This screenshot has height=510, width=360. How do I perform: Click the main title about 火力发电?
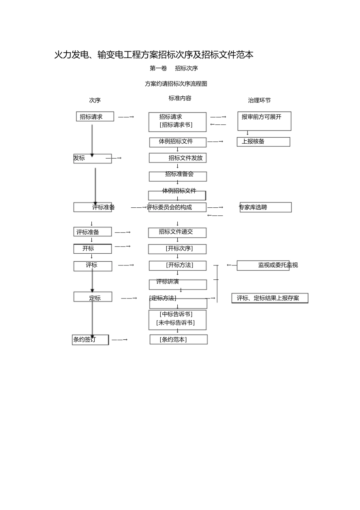(x=154, y=55)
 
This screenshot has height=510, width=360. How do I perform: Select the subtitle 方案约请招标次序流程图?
(x=176, y=84)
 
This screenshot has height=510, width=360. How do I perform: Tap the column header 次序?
(x=95, y=100)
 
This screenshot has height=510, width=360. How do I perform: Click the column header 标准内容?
(x=180, y=98)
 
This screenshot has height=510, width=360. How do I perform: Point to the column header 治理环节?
(x=259, y=100)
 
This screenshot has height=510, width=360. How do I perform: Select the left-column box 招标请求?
(x=95, y=117)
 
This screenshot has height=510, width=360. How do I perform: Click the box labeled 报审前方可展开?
(x=264, y=121)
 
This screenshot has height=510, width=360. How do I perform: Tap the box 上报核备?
(x=263, y=141)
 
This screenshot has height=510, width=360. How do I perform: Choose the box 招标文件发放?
(x=178, y=158)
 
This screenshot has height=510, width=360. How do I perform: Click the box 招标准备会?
(x=178, y=176)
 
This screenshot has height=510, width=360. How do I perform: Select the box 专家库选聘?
(x=265, y=207)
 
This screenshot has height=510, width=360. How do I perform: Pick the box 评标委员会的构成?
(x=177, y=207)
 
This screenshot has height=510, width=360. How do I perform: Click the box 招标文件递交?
(x=177, y=232)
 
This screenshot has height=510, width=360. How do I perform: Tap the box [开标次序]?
(x=178, y=249)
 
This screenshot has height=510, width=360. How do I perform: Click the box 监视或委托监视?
(x=263, y=265)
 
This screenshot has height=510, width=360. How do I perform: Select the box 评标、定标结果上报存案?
(x=269, y=298)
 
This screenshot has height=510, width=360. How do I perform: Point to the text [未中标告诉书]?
(x=175, y=323)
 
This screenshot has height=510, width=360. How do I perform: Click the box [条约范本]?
(x=178, y=339)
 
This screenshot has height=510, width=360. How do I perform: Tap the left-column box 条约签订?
(x=90, y=340)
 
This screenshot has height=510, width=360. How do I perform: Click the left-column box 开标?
(x=92, y=249)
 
